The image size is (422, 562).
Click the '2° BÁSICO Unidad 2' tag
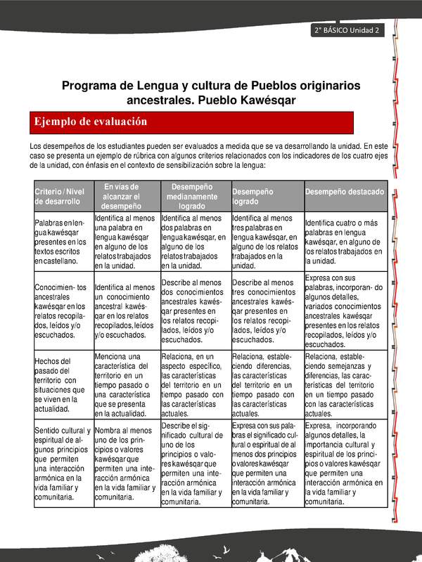click(x=347, y=30)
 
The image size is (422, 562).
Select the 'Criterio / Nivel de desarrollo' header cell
click(x=62, y=196)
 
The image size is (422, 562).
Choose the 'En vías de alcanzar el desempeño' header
click(x=127, y=196)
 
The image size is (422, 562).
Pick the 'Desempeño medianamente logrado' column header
click(x=196, y=196)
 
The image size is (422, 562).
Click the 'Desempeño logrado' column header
click(x=266, y=196)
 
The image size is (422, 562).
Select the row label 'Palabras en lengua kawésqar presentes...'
click(x=62, y=241)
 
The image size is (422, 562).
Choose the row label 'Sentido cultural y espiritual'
click(x=62, y=463)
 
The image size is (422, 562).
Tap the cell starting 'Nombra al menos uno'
click(x=127, y=463)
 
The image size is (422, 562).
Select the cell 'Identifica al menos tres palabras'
click(x=266, y=242)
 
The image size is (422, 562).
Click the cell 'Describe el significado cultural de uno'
click(x=196, y=463)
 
